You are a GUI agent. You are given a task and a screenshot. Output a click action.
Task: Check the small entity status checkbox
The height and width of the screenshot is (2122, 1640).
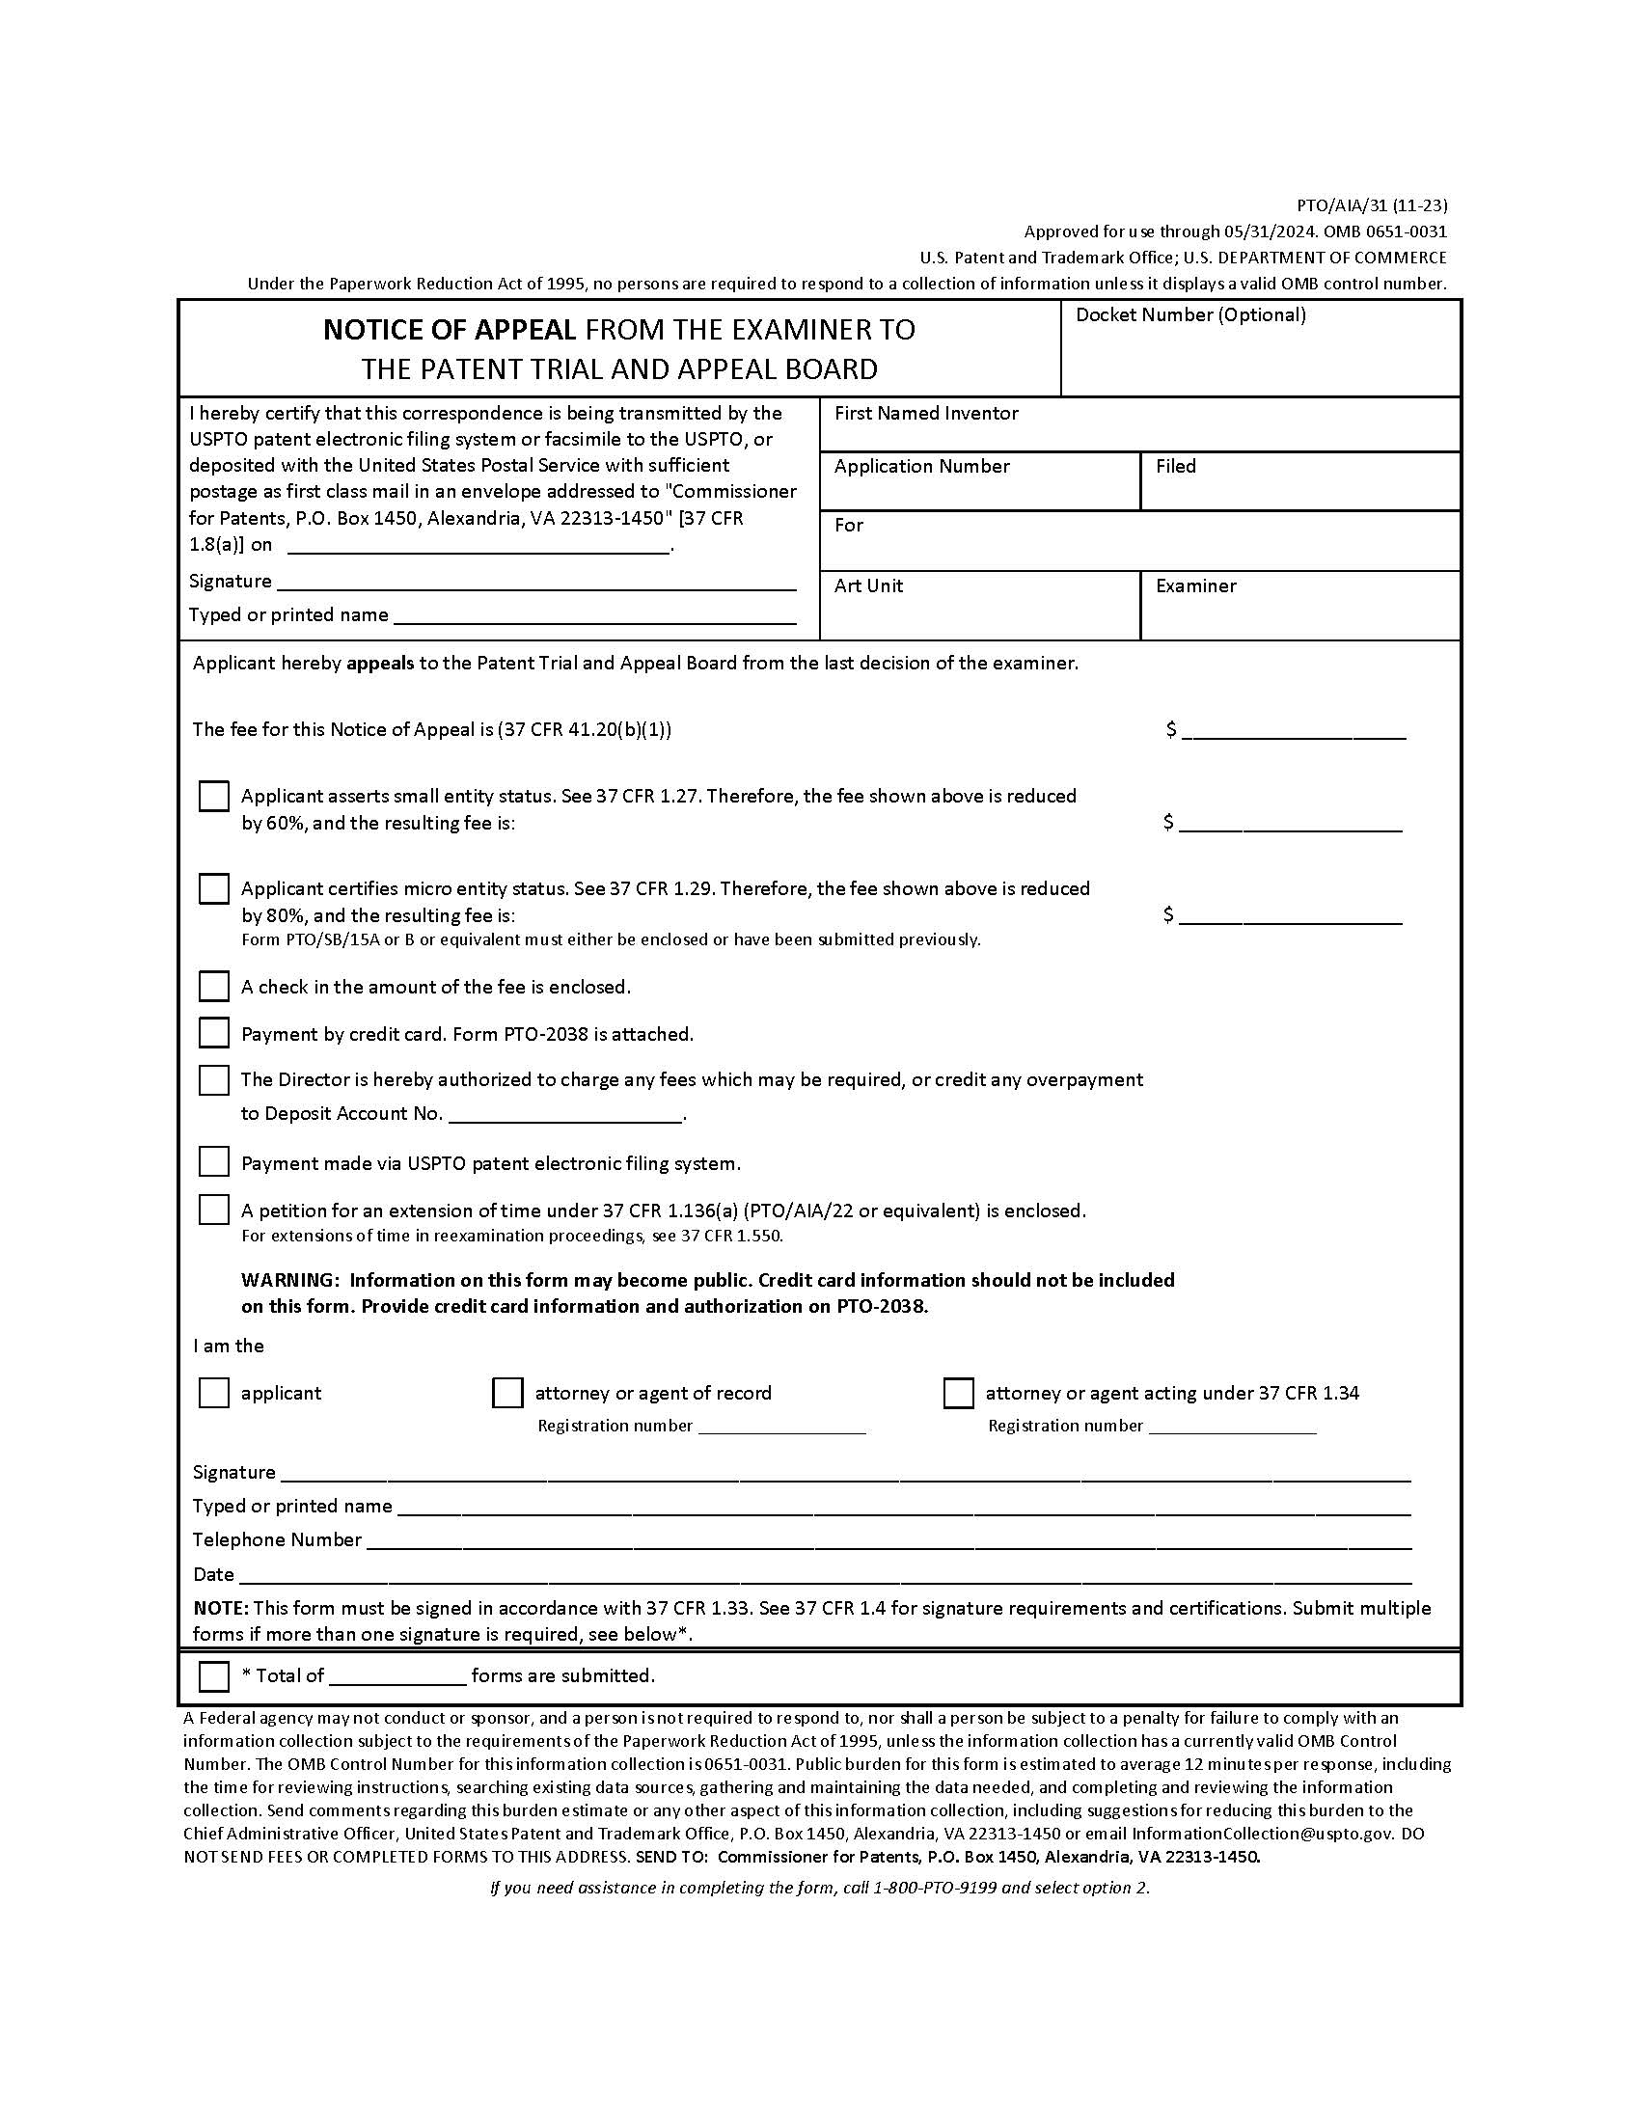tap(214, 797)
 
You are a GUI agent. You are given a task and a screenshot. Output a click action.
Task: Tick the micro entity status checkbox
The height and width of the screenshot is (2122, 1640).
tap(214, 889)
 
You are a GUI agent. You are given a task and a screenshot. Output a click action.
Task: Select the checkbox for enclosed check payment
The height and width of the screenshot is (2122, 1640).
tap(214, 986)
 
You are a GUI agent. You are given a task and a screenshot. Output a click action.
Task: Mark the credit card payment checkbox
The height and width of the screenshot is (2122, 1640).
tap(214, 1033)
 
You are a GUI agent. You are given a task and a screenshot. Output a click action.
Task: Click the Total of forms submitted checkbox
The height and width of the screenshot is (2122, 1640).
tap(214, 1676)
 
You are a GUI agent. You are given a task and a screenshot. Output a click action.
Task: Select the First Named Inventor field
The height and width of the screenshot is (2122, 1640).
tap(1139, 434)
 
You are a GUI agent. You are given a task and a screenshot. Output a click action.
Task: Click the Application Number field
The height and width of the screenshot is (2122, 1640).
tap(978, 493)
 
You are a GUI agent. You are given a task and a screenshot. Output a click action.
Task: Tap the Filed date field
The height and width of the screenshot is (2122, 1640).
tap(1299, 493)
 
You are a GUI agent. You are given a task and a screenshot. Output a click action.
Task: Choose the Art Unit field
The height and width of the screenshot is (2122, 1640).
tap(978, 614)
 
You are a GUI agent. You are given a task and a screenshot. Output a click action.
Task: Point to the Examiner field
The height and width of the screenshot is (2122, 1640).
tap(1299, 614)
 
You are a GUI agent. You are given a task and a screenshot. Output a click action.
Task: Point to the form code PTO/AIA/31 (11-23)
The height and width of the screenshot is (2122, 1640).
tap(1372, 205)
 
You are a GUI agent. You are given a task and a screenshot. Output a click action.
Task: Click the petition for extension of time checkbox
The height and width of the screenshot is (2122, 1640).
tap(214, 1210)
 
